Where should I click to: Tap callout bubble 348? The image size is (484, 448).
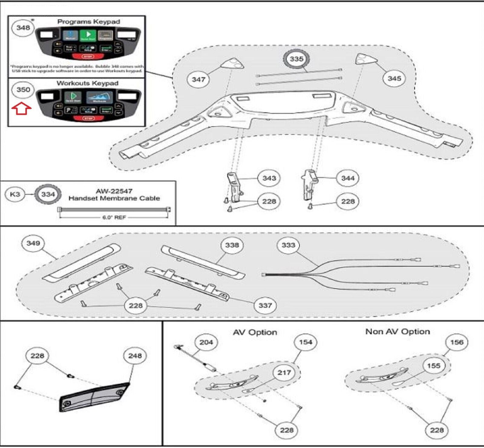23,28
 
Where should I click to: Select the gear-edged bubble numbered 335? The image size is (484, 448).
296,59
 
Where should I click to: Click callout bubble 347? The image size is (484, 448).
198,80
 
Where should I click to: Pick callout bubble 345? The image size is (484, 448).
394,78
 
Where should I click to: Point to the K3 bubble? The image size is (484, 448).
15,194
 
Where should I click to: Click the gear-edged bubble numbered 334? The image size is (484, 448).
48,194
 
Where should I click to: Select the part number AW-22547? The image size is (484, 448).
114,191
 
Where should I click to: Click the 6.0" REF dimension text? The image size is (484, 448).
114,217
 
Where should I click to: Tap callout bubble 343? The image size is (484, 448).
269,178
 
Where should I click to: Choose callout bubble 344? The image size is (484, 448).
348,178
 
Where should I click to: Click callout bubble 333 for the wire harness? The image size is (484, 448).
288,245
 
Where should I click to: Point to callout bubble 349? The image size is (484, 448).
33,243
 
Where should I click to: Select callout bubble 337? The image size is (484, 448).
265,305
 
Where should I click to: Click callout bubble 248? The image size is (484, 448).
135,356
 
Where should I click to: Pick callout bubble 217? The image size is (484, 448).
284,373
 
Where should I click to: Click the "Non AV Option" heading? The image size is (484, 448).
397,332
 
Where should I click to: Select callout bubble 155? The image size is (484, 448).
433,366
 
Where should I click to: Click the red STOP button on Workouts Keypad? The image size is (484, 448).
88,118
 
